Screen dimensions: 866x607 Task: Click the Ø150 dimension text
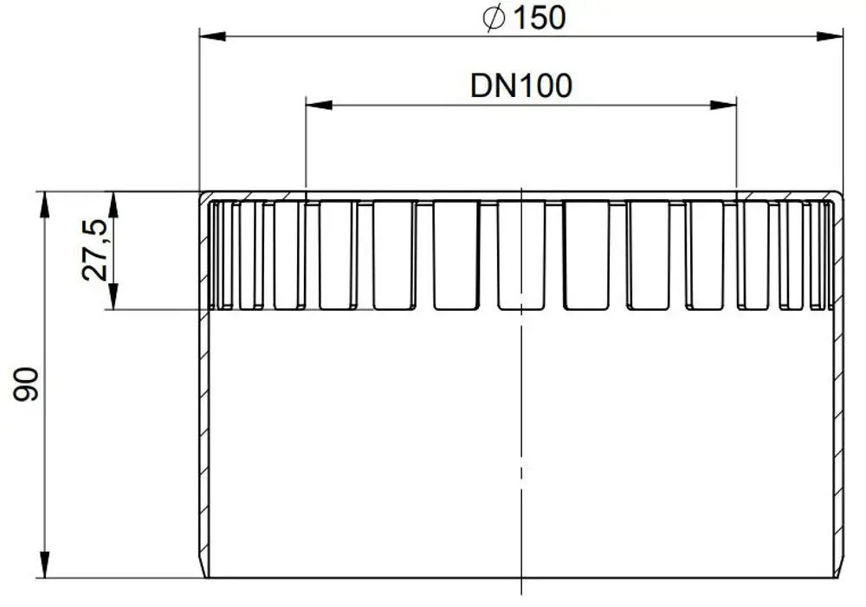524,17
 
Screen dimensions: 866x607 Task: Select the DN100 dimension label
520,86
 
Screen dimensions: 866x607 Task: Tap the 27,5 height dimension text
94,249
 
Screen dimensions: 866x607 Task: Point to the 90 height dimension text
26,384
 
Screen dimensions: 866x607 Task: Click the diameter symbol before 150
494,18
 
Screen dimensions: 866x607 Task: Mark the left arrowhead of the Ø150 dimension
213,36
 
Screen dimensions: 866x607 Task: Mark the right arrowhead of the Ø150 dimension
830,36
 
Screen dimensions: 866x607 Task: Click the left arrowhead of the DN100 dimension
320,105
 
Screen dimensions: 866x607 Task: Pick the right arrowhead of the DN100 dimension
723,105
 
